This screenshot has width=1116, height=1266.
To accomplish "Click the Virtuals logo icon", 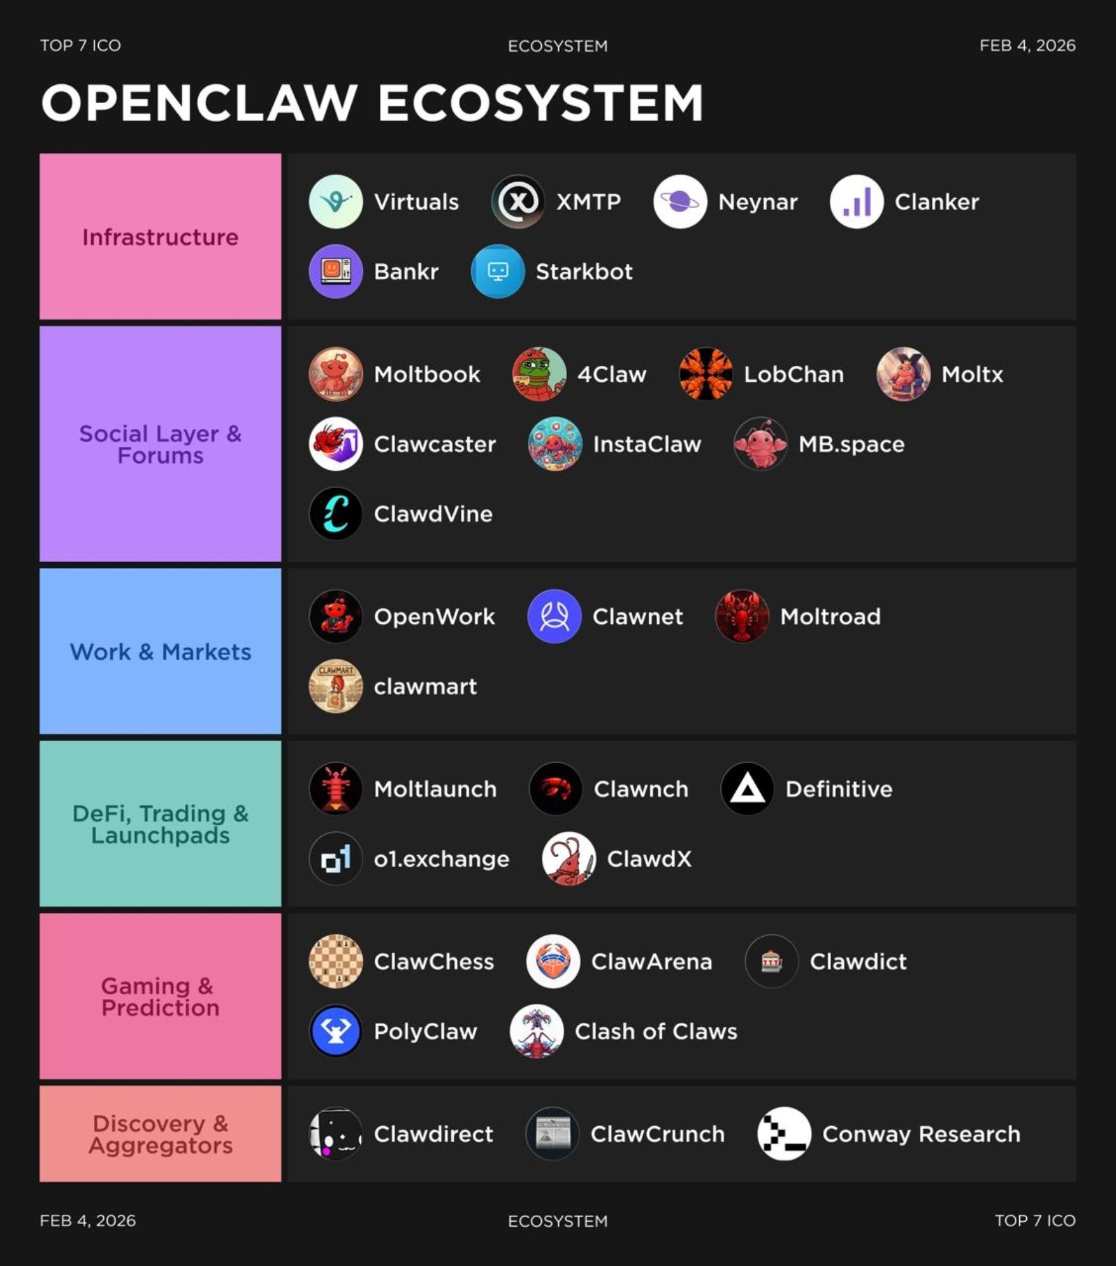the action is [335, 201].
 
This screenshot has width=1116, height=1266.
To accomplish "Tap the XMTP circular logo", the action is [518, 201].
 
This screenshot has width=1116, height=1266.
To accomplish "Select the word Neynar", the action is [758, 202].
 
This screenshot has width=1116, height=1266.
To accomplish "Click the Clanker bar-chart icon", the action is [856, 201].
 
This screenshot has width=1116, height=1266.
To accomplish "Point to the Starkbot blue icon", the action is [498, 271].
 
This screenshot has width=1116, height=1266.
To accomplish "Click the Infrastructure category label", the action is [160, 237].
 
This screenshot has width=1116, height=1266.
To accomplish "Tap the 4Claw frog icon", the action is [539, 374].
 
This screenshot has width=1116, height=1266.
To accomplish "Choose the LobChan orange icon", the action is [706, 374].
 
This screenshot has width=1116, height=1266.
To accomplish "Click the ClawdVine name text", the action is [433, 513].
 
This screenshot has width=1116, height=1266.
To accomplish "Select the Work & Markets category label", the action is [160, 651].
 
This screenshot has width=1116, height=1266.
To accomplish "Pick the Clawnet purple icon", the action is [554, 616].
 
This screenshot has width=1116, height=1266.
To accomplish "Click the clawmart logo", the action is [335, 686].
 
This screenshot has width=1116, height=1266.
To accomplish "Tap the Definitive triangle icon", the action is [747, 789].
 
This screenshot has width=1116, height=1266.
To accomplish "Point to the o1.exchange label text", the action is [441, 859].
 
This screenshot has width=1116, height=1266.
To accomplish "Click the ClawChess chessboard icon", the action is [335, 961].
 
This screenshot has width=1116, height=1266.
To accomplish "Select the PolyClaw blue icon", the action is [335, 1031].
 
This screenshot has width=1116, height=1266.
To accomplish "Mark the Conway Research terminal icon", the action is [784, 1134].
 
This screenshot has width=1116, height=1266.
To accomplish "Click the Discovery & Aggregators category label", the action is [160, 1134].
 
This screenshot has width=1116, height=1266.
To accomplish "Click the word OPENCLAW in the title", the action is [199, 103].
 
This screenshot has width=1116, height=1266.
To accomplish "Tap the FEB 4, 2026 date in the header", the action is [1027, 46].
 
